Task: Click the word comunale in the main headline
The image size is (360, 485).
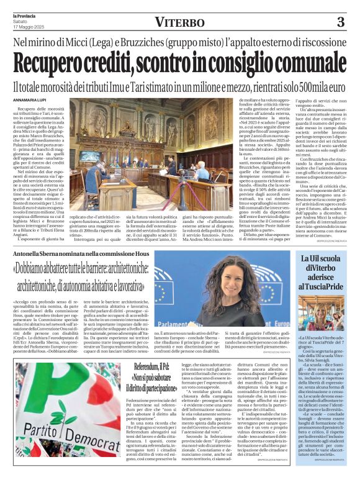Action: [x=289, y=62]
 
